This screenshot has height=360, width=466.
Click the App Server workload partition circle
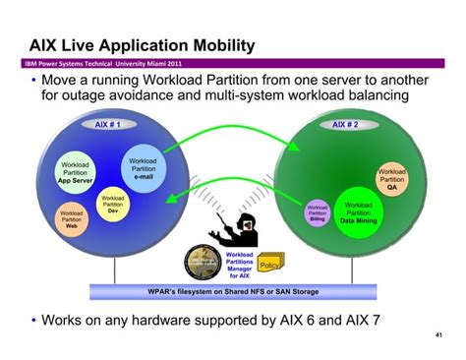[76, 173]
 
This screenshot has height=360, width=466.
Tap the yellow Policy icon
[270, 266]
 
